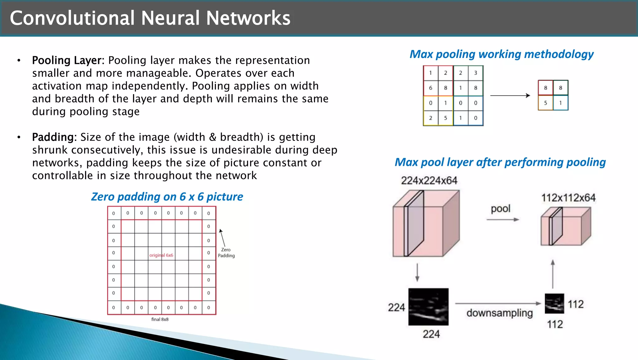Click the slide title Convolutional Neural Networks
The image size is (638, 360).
pyautogui.click(x=150, y=18)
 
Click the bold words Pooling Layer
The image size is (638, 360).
pyautogui.click(x=67, y=60)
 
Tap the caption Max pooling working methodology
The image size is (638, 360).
pyautogui.click(x=501, y=54)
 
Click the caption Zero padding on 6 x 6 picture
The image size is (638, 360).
pyautogui.click(x=167, y=197)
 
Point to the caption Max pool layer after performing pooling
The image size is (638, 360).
pyautogui.click(x=500, y=162)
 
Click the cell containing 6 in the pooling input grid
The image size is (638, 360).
pyautogui.click(x=431, y=88)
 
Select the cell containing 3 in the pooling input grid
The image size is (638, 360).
pyautogui.click(x=475, y=73)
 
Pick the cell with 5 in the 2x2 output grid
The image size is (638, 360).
pyautogui.click(x=545, y=103)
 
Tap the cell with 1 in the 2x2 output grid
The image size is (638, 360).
pyautogui.click(x=560, y=103)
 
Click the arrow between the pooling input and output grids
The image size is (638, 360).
pyautogui.click(x=510, y=95)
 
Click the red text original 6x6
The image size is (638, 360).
pyautogui.click(x=161, y=255)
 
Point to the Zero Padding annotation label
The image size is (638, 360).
pyautogui.click(x=226, y=252)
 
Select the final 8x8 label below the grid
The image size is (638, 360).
pyautogui.click(x=160, y=319)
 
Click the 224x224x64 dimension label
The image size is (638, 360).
pyautogui.click(x=429, y=180)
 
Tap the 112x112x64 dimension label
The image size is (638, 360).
pyautogui.click(x=568, y=198)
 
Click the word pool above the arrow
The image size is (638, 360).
pyautogui.click(x=501, y=209)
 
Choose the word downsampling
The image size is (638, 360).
pyautogui.click(x=499, y=313)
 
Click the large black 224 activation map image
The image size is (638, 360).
pyautogui.click(x=428, y=307)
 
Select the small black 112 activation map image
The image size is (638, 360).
pyautogui.click(x=554, y=303)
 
